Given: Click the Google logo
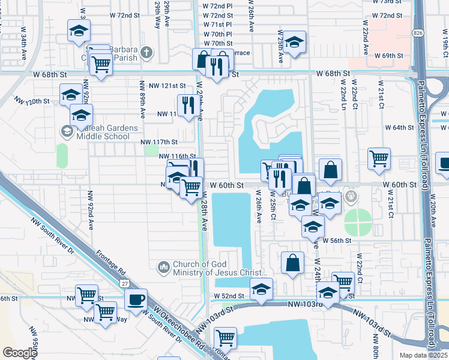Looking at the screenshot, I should pyautogui.click(x=19, y=353).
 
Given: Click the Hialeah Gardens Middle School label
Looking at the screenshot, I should pyautogui.click(x=103, y=132).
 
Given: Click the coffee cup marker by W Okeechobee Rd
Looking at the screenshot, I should pyautogui.click(x=136, y=299).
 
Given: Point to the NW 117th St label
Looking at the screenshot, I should pyautogui.click(x=159, y=142).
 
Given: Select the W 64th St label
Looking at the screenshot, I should pyautogui.click(x=399, y=127).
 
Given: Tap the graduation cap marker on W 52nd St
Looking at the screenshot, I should pyautogui.click(x=261, y=290).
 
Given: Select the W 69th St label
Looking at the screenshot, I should pyautogui.click(x=388, y=56).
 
